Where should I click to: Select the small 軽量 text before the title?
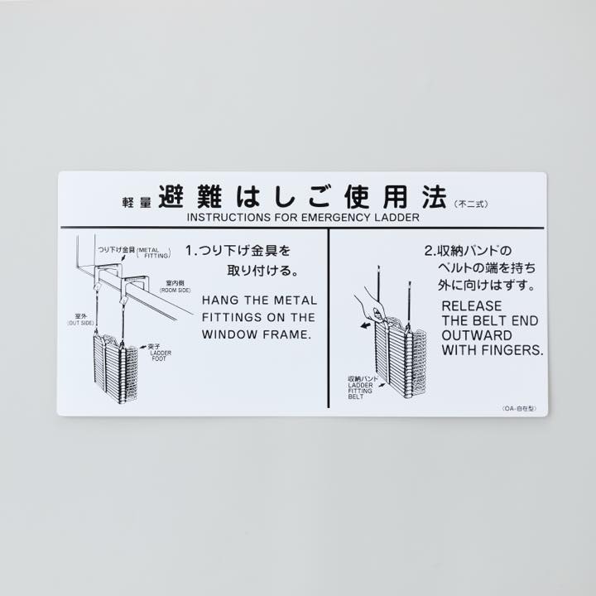pos(137,203)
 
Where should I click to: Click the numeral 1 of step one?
pos(188,249)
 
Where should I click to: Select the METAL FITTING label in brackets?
pos(153,252)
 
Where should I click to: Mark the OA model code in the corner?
pos(519,409)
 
